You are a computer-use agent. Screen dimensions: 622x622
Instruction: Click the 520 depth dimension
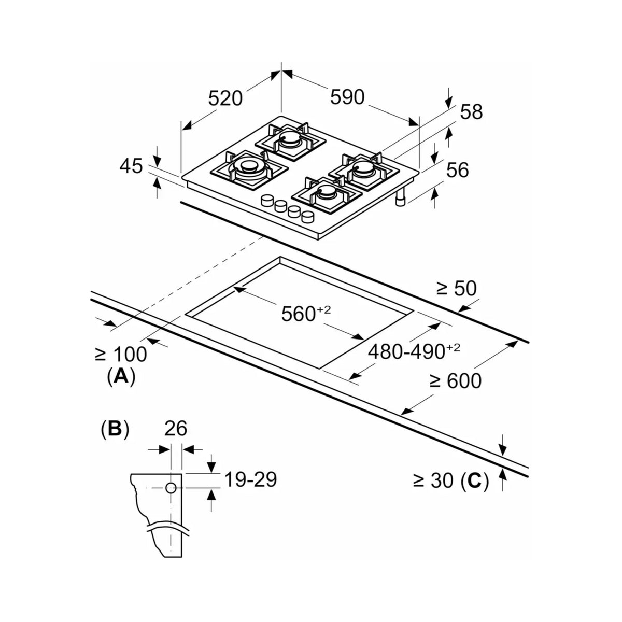225,98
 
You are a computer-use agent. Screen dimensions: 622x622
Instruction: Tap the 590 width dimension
347,97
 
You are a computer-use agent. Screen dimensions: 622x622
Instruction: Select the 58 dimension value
471,111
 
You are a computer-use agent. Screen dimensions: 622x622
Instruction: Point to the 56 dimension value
457,170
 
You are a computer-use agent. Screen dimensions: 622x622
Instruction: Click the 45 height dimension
131,166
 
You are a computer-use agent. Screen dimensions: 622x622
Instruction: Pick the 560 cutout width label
306,313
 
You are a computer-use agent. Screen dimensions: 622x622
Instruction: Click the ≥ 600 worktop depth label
456,380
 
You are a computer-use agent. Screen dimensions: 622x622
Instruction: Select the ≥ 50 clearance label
456,288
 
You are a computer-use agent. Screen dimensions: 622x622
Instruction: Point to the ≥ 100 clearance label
121,354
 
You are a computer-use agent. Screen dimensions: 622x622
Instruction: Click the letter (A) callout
121,376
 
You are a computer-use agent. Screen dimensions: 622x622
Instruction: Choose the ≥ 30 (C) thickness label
451,480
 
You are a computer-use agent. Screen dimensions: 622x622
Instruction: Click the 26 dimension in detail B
176,428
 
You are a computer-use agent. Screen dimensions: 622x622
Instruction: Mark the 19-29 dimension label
250,479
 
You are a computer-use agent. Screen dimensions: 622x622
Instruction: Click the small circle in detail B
171,488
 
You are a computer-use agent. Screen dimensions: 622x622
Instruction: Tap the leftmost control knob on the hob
267,201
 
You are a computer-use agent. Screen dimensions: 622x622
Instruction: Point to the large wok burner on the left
249,168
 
